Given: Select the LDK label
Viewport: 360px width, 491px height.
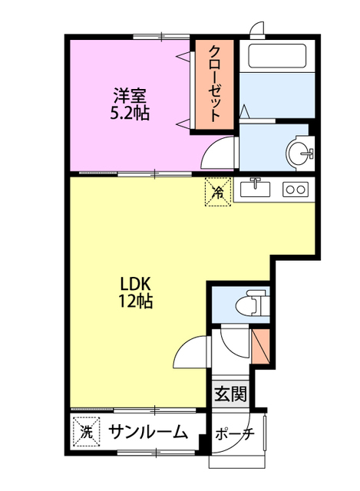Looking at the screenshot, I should click(134, 282).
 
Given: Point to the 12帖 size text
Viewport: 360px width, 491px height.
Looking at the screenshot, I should click(134, 301).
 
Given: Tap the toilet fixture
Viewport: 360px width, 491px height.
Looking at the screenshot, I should click(250, 304).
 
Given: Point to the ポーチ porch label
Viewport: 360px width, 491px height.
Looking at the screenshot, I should click(234, 434).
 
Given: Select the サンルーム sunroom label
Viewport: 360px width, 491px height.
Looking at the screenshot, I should click(147, 432).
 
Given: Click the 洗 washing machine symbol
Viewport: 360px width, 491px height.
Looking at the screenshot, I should click(85, 432).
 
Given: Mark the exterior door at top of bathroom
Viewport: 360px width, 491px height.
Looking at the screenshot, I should click(255, 28).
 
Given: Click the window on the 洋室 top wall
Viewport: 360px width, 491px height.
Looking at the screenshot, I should click(161, 35).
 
